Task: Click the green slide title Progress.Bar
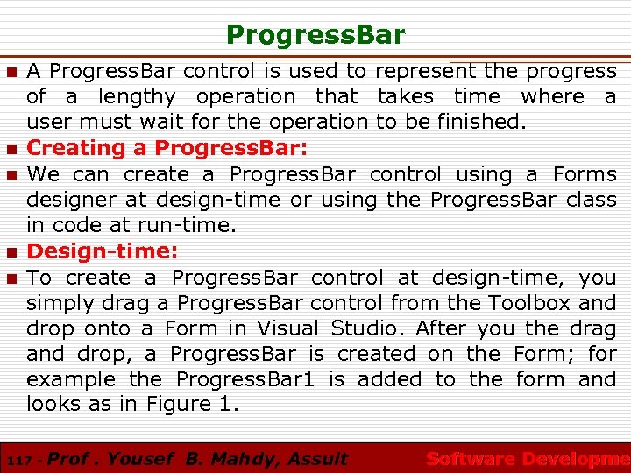tap(315, 35)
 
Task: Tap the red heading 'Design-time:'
tap(103, 251)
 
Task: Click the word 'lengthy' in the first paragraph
tap(136, 97)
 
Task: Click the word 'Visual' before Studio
tap(288, 328)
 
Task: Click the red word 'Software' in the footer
tap(470, 458)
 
